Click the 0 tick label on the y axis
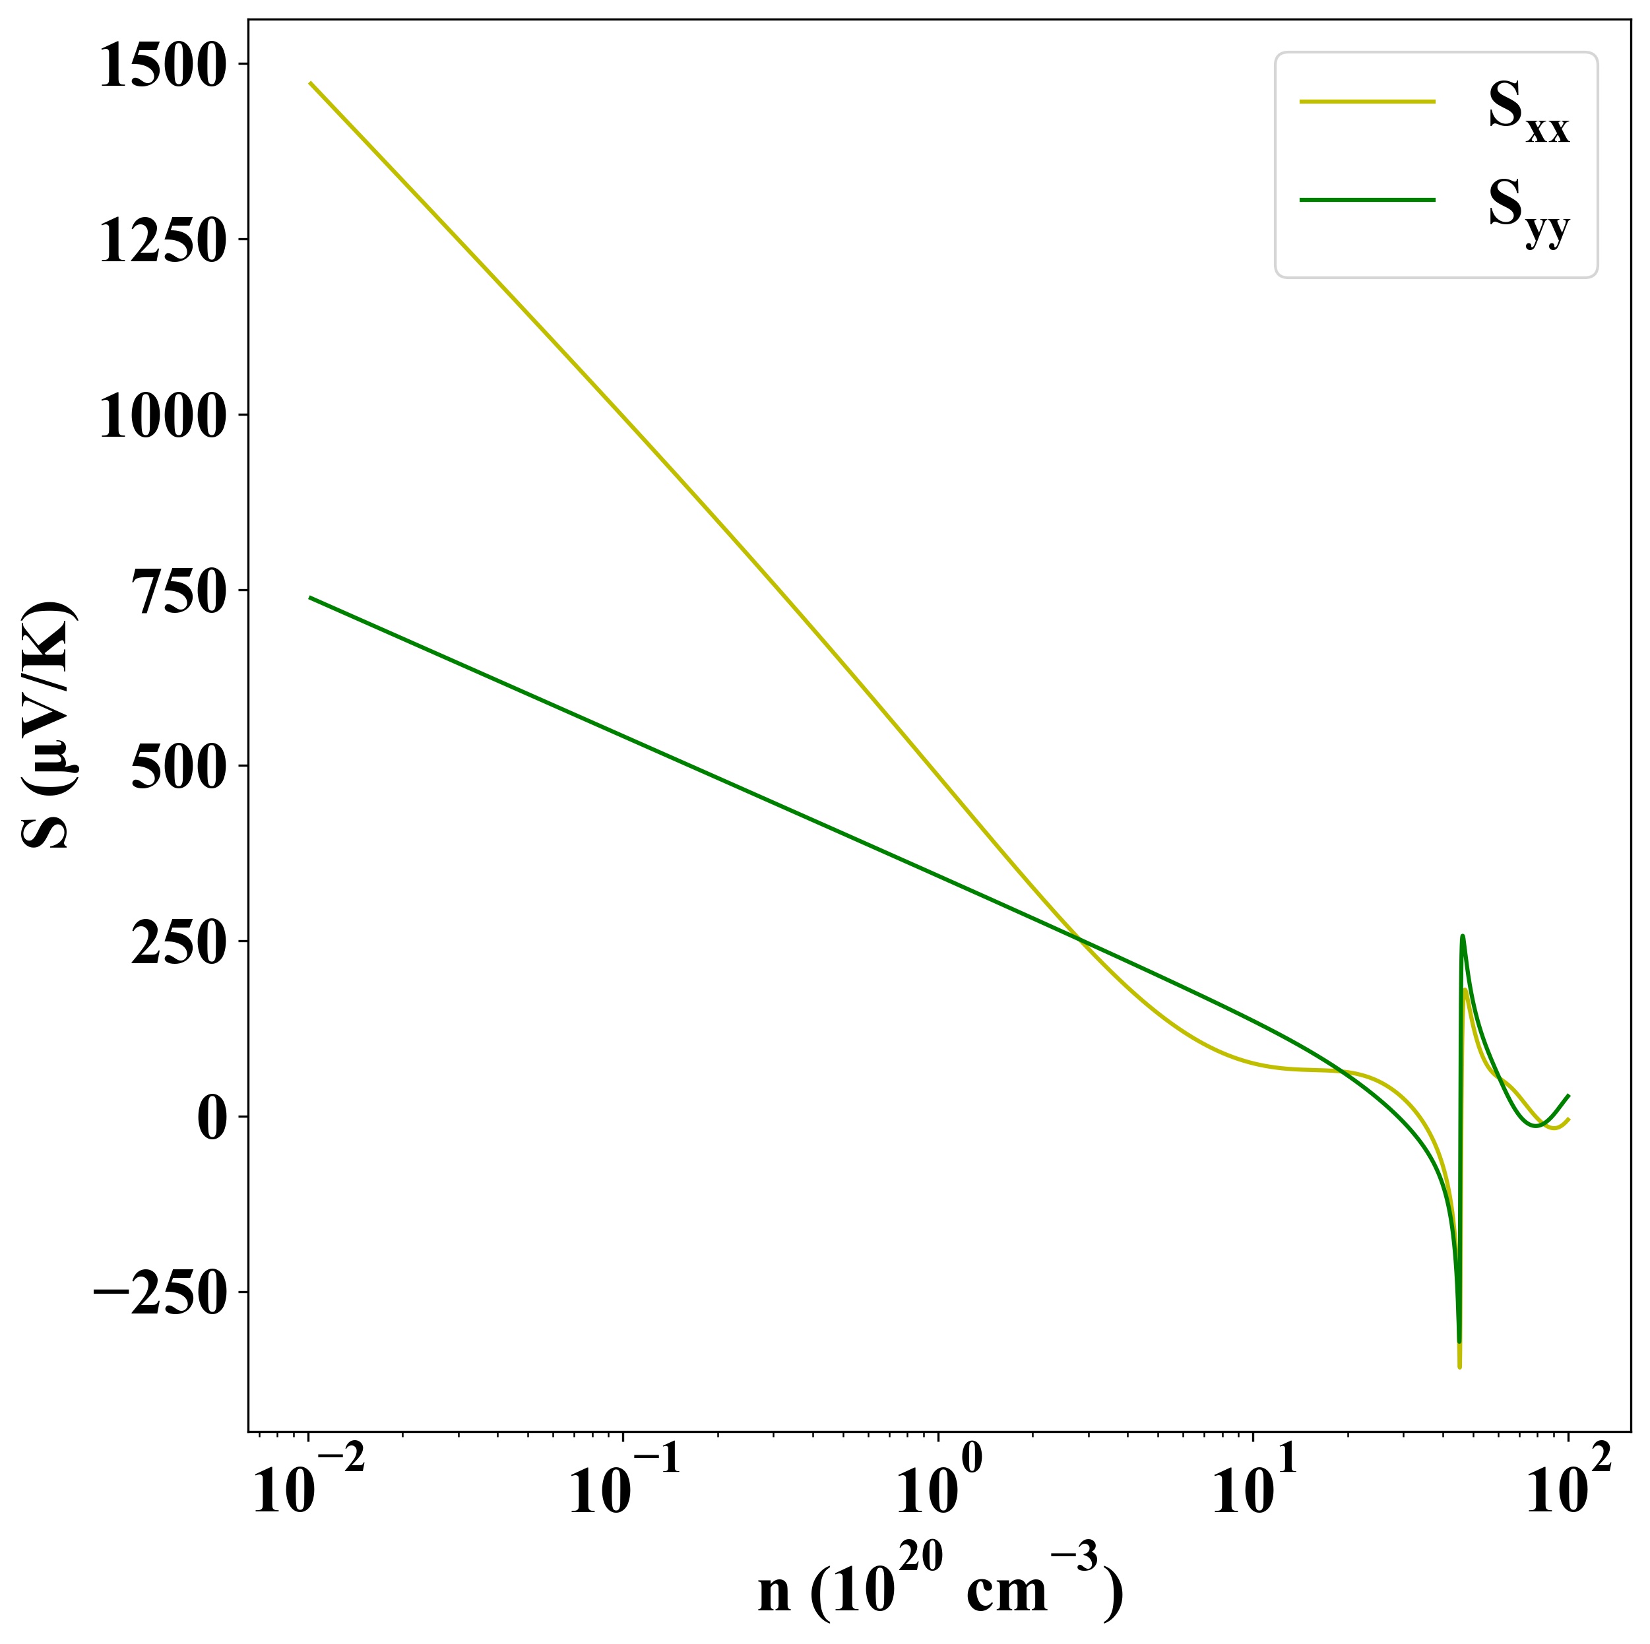coord(211,1120)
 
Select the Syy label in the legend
coord(1528,210)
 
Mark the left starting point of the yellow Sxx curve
coord(310,83)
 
